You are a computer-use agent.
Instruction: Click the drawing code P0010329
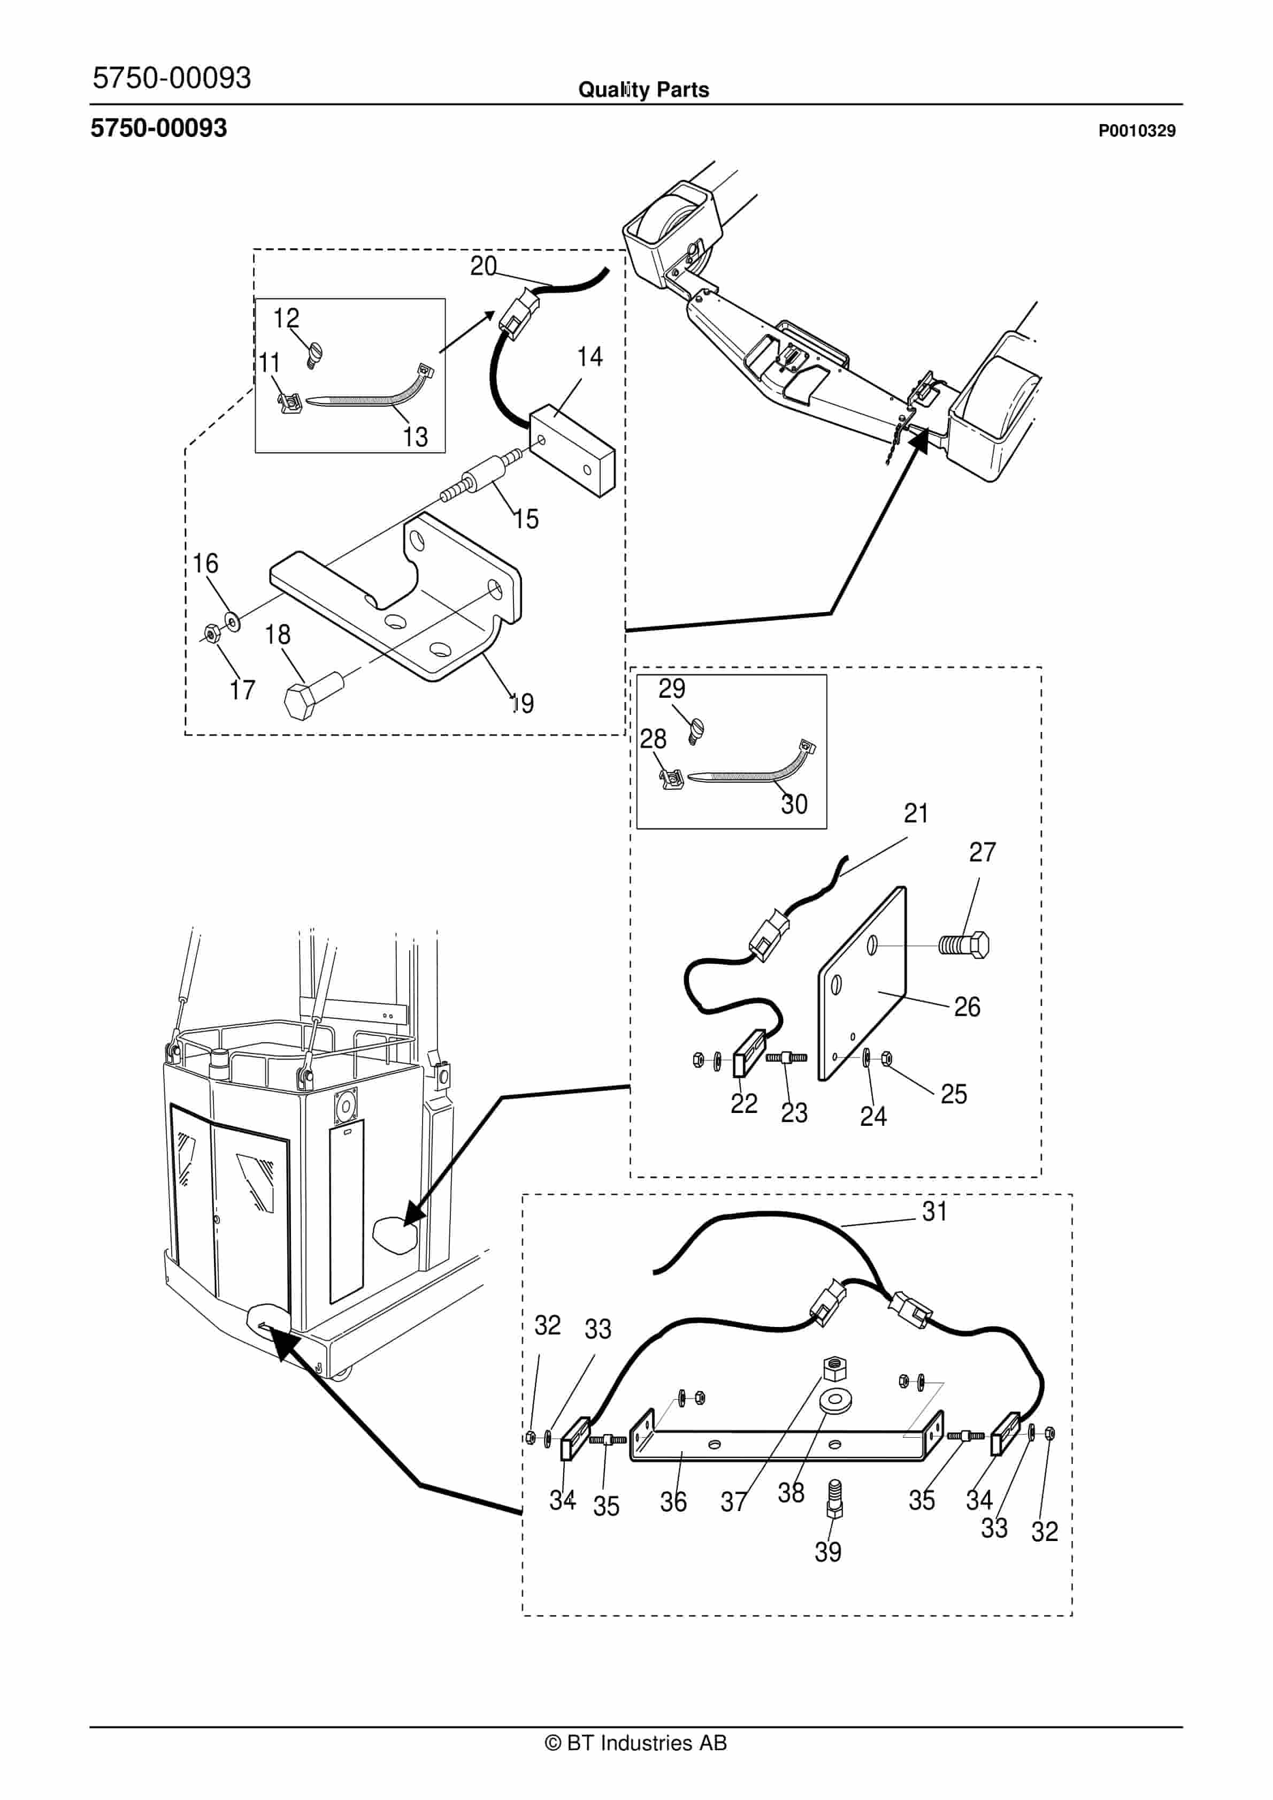(x=1137, y=131)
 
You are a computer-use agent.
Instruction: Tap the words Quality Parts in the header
(x=643, y=90)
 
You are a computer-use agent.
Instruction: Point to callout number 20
(x=484, y=266)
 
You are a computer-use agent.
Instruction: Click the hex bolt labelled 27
(x=964, y=945)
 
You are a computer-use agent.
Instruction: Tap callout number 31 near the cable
(x=935, y=1211)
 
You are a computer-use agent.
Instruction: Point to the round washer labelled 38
(x=835, y=1401)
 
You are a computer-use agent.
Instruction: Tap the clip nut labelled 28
(x=671, y=779)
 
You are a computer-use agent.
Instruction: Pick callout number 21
(x=916, y=814)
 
